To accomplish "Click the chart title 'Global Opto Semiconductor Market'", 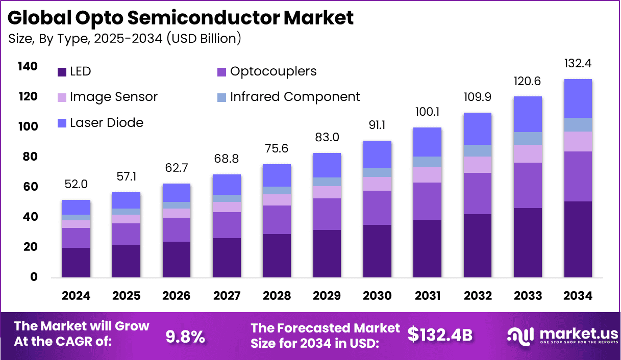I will coord(181,18).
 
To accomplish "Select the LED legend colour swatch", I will coord(62,72).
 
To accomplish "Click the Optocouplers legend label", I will coord(273,71).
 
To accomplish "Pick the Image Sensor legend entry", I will coord(113,97).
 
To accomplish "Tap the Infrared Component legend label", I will coord(295,97).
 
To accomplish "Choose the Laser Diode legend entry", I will coord(106,122).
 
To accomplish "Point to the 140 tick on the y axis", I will coord(27,66).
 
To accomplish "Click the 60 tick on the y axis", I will coord(30,187).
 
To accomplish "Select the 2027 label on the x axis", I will coord(227,296).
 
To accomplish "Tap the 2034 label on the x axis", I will coord(578,296).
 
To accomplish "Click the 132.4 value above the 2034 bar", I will coord(578,64).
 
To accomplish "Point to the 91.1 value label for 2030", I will coord(377,125).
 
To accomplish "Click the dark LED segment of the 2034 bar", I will coord(578,239).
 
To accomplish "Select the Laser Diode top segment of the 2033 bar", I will coord(528,114).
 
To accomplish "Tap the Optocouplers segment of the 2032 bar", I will coord(478,193).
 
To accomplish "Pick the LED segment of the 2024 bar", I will coord(76,262).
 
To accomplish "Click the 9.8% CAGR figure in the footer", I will coord(186,337).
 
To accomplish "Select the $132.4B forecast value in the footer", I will coord(440,335).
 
